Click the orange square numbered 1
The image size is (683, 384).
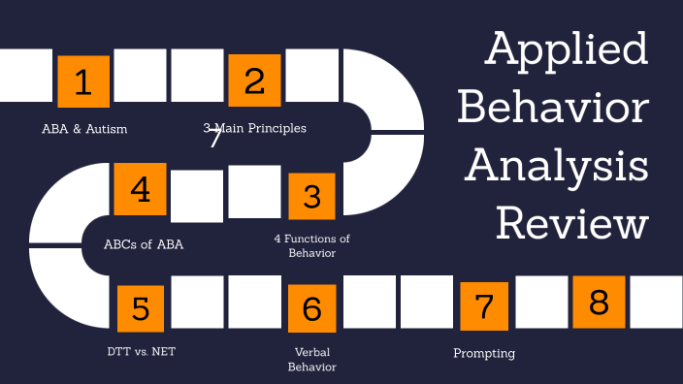pyautogui.click(x=83, y=81)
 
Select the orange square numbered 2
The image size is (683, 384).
pyautogui.click(x=254, y=80)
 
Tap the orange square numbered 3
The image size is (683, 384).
pyautogui.click(x=311, y=197)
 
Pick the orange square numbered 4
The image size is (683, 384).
pyautogui.click(x=141, y=189)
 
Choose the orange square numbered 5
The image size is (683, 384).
pyautogui.click(x=141, y=308)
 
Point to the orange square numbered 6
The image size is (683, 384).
pyautogui.click(x=311, y=308)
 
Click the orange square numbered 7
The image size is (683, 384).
pyautogui.click(x=483, y=306)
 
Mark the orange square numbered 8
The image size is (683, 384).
pyautogui.click(x=599, y=303)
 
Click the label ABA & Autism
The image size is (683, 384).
pyautogui.click(x=84, y=128)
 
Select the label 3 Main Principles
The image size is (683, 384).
pyautogui.click(x=254, y=128)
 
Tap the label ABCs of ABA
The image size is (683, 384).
pyautogui.click(x=144, y=244)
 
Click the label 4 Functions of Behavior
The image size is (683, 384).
pyautogui.click(x=311, y=245)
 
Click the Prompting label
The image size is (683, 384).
pyautogui.click(x=483, y=353)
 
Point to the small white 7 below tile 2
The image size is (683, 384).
pyautogui.click(x=215, y=139)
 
